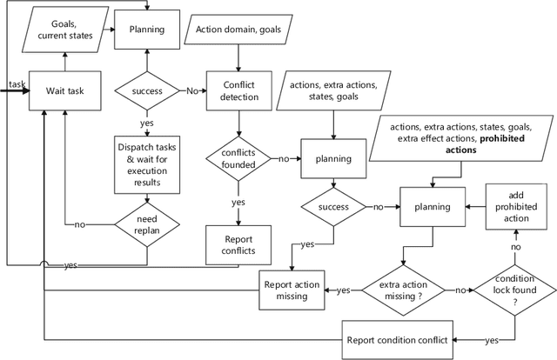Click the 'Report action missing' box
click(292, 290)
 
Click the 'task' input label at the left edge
click(17, 83)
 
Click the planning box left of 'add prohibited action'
click(433, 206)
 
